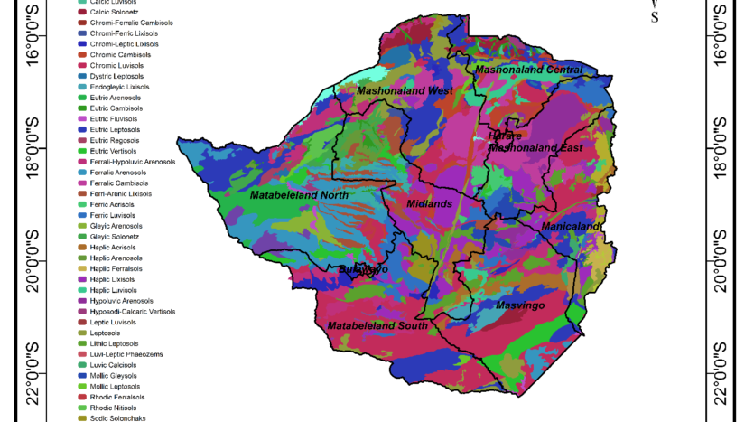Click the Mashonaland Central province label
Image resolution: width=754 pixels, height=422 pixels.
click(529, 70)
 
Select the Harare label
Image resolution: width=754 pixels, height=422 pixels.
click(505, 136)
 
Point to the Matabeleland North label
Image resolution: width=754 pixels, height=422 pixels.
click(298, 195)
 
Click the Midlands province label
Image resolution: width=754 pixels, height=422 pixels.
click(429, 204)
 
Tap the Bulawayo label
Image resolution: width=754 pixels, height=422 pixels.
click(363, 269)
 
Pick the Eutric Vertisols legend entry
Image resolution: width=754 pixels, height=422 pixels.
click(117, 151)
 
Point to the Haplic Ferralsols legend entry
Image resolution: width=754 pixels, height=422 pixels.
click(121, 268)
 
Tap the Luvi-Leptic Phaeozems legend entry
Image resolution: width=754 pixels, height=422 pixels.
click(126, 354)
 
